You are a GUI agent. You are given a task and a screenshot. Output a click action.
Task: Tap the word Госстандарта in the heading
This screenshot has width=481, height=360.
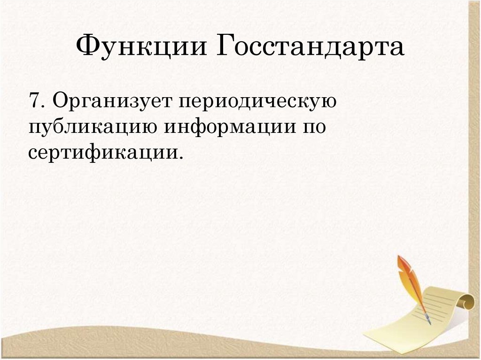[310, 48]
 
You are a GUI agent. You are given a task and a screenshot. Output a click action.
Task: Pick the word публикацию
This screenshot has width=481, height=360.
[92, 127]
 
